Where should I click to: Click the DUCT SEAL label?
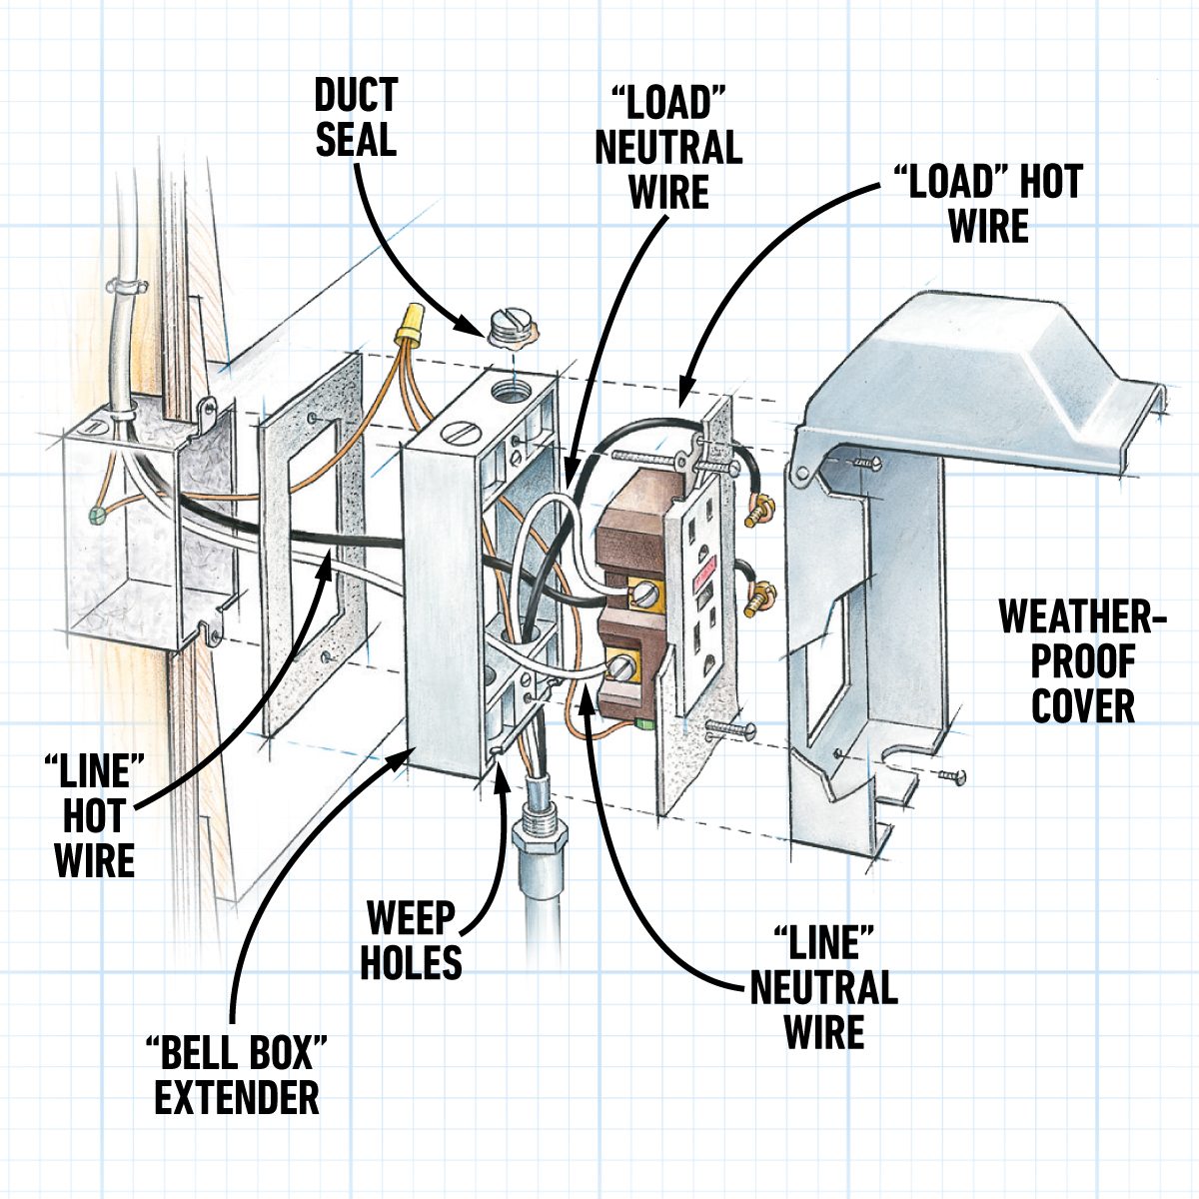click(x=356, y=117)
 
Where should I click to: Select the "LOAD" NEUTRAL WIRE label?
click(x=667, y=147)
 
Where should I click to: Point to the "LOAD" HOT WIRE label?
click(x=987, y=204)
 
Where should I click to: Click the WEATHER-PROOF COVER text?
click(x=1083, y=661)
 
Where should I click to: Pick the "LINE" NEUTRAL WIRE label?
click(x=823, y=987)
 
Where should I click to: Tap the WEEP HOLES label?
click(x=411, y=939)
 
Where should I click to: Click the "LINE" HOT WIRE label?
click(x=94, y=816)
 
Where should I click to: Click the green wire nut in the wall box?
click(x=97, y=516)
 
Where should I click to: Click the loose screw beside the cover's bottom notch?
click(x=952, y=775)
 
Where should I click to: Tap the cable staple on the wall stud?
click(x=127, y=290)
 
